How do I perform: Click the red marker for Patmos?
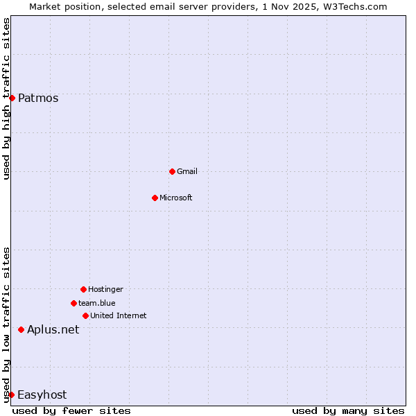[x=12, y=98]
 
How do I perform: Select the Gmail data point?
[x=172, y=171]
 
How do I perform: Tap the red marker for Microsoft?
[x=155, y=198]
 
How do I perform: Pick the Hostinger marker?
[x=83, y=289]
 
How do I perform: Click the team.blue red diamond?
[x=73, y=303]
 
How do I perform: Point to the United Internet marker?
[x=85, y=315]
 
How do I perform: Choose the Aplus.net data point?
[x=21, y=329]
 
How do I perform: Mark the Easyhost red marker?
[x=11, y=395]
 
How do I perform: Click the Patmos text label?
[x=38, y=98]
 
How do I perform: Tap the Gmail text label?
[x=187, y=171]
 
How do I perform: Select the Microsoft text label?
[x=176, y=198]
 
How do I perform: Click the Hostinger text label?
[x=105, y=289]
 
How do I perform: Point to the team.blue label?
[x=97, y=303]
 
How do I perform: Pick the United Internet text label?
[x=119, y=315]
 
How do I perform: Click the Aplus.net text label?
[x=53, y=329]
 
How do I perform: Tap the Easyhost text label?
[x=42, y=395]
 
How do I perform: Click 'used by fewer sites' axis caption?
[x=71, y=410]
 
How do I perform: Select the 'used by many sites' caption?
[x=348, y=410]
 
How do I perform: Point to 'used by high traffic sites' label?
[x=6, y=98]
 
